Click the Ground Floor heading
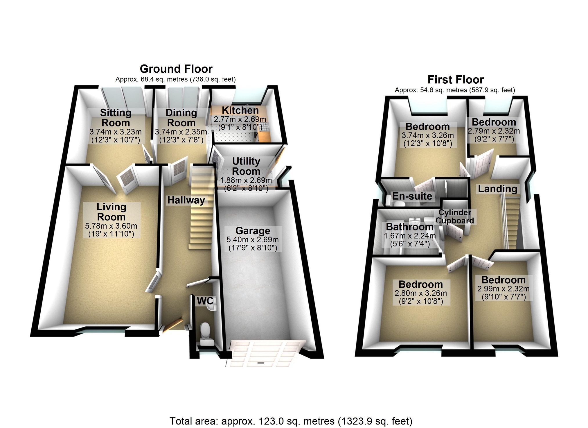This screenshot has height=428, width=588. [176, 69]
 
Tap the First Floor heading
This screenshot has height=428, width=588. [455, 80]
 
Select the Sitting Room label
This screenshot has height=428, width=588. [116, 118]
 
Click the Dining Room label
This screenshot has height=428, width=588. [181, 118]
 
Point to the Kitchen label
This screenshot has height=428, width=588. [240, 110]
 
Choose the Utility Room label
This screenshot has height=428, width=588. [246, 166]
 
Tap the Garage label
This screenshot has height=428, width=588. [253, 231]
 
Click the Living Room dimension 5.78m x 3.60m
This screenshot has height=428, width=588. [111, 226]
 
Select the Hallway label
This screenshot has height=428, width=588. [186, 200]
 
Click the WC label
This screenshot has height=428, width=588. [205, 301]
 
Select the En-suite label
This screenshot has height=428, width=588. [412, 196]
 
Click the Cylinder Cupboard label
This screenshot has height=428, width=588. [455, 216]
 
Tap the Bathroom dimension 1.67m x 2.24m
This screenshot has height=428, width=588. [410, 236]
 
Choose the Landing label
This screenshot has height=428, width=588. [497, 189]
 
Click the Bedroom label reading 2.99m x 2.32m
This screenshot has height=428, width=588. [503, 280]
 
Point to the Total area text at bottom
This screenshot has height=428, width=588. [291, 421]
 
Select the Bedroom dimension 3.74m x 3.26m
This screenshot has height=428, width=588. [427, 135]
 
